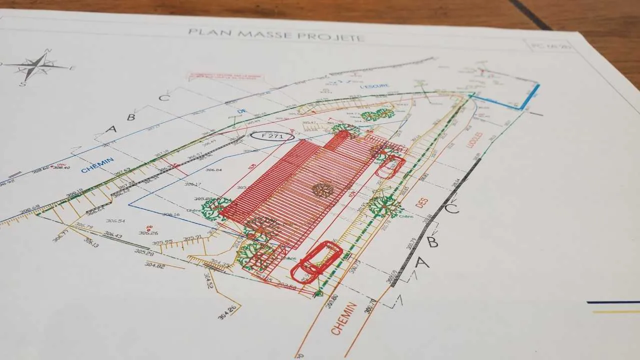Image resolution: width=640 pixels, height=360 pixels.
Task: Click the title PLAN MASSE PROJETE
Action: pos(275,35)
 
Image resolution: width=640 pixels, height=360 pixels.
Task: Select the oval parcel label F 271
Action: pos(272,135)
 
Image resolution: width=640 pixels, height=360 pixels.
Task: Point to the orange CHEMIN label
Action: pos(344,318)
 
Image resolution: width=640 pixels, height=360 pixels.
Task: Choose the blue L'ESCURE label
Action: pos(374,86)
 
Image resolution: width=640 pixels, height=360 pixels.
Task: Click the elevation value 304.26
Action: pos(227,312)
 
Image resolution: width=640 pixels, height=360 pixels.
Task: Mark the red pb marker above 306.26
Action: pos(149,227)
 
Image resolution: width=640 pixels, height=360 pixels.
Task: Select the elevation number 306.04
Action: pos(213,170)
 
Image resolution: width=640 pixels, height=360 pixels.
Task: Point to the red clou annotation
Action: pos(61,164)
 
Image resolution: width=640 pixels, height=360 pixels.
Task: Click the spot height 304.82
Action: pos(154,265)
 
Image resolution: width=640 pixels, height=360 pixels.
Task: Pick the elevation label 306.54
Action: pos(115,221)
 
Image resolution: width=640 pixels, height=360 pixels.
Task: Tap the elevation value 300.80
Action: pos(332,301)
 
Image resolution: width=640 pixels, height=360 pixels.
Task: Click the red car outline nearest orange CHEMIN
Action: pos(316,261)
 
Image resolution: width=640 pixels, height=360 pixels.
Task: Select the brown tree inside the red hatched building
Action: pos(322,189)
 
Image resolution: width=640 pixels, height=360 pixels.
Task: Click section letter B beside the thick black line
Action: pos(432,242)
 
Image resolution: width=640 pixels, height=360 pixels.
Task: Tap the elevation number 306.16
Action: pos(170,215)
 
